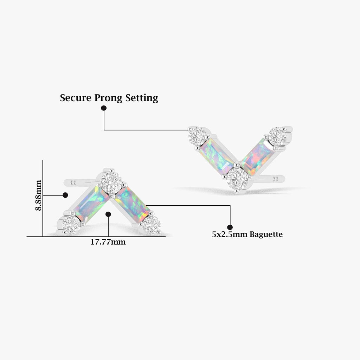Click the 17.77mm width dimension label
point(108,242)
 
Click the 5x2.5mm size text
point(230,234)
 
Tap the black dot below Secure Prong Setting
point(104,108)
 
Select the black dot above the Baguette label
point(230,227)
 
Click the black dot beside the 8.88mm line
point(65,195)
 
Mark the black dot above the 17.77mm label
point(108,214)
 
